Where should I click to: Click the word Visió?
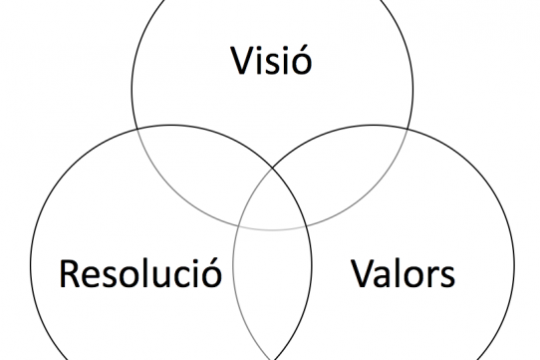pos(271,62)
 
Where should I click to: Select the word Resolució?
pos(139,271)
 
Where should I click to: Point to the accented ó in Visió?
pos(300,63)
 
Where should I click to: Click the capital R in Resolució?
pos(71,271)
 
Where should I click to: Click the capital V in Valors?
pos(362,271)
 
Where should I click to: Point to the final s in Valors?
pos(447,275)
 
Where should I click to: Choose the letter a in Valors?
pos(382,275)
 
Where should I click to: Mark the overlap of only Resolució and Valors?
pos(271,299)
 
